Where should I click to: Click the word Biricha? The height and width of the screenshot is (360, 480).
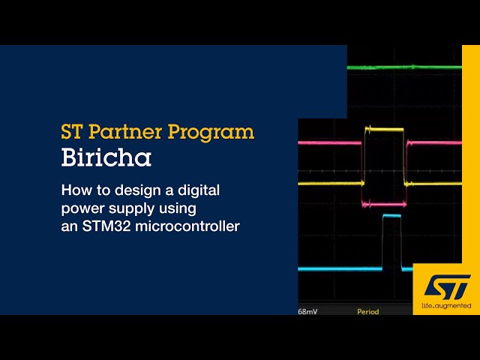coord(106,159)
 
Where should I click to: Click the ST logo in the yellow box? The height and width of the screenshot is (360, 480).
coord(447,286)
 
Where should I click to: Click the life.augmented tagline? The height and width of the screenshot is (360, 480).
coord(446,306)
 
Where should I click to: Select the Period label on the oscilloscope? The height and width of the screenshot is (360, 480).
coord(367,311)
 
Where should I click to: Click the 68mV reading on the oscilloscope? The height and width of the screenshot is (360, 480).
coord(307,311)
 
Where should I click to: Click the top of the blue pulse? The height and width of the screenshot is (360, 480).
coord(391,217)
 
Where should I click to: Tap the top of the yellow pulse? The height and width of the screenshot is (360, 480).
coord(383,129)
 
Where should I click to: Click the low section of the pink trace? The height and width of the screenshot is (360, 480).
coord(383,203)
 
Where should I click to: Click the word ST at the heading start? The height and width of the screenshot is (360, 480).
coord(71,133)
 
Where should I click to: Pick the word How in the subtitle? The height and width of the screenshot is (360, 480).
coord(74,190)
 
